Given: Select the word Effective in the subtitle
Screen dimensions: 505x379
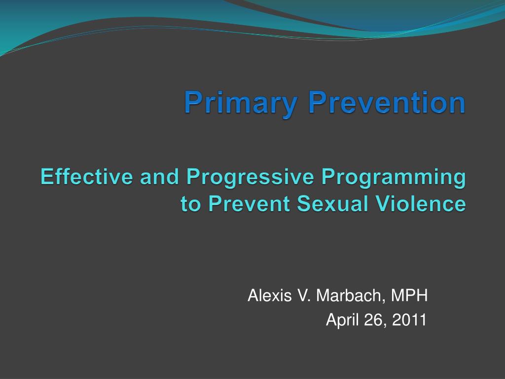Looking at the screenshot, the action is [x=87, y=177].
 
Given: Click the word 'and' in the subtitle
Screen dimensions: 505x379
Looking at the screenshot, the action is [x=159, y=177].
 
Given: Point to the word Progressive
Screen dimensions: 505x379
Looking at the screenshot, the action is [x=250, y=178].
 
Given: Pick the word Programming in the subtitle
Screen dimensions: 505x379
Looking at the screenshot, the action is [x=394, y=178].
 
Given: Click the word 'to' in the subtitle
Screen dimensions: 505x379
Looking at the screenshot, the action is [x=191, y=204].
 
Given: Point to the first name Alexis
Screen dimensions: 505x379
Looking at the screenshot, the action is [x=270, y=295].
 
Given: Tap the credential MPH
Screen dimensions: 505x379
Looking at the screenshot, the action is [x=409, y=295].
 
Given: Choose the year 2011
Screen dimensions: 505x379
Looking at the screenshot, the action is [x=409, y=320].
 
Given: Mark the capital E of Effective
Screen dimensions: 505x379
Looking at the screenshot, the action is [x=47, y=177].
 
